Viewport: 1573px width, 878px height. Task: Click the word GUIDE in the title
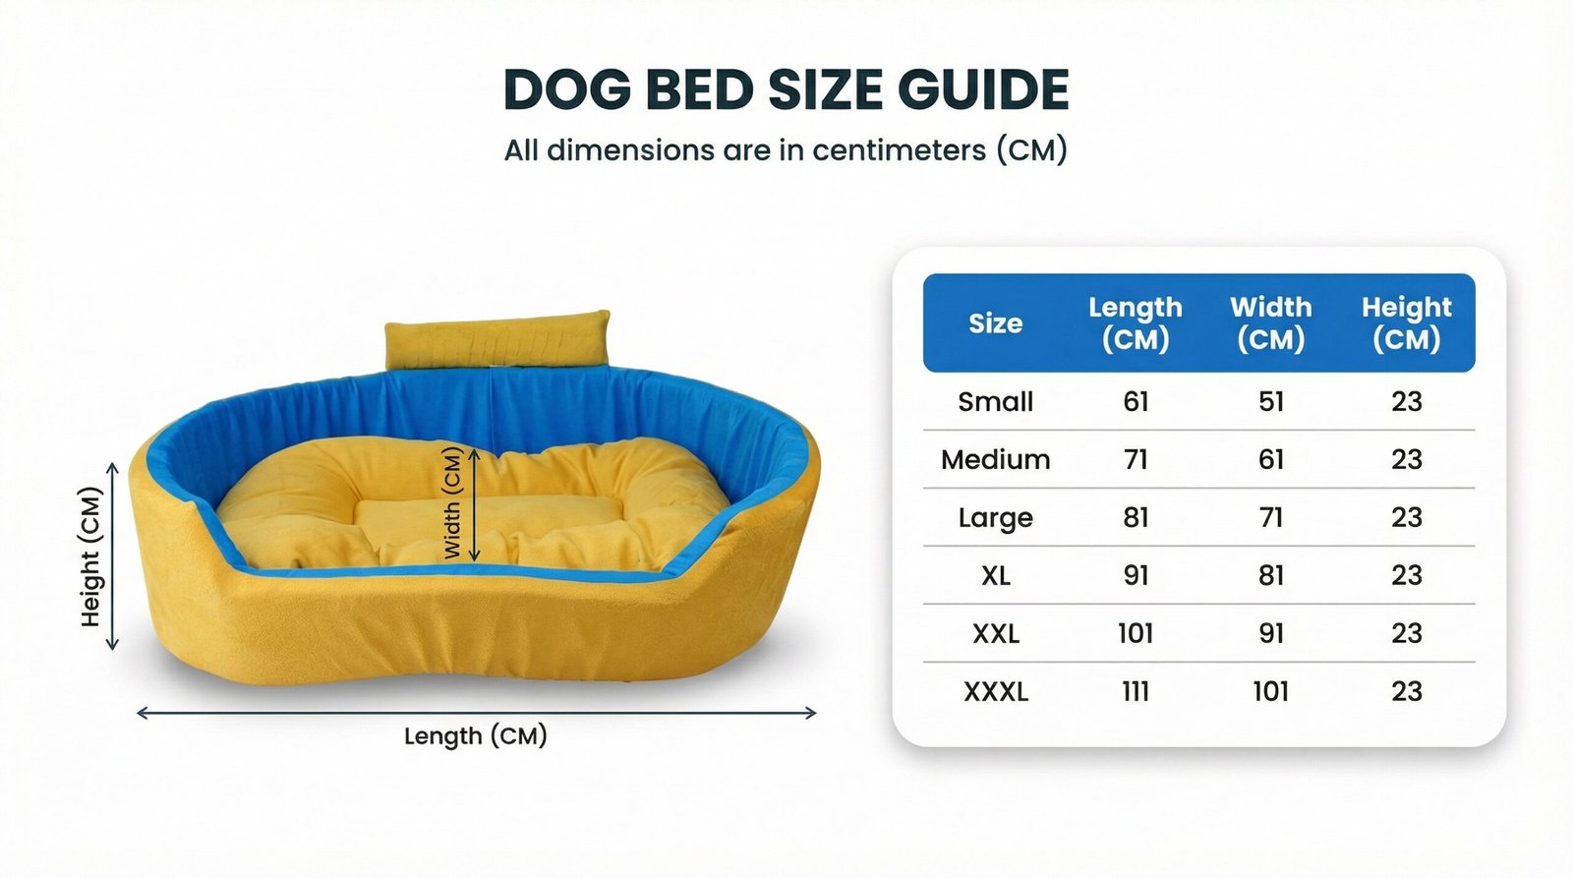(x=983, y=89)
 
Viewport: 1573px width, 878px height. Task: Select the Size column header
(x=995, y=323)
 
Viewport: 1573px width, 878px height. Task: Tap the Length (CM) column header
(x=1136, y=323)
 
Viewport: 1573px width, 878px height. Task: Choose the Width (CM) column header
(x=1271, y=323)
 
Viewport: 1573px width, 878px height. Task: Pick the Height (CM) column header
(x=1407, y=323)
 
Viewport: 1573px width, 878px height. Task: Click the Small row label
(x=995, y=402)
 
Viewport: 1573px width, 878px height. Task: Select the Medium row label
(x=995, y=459)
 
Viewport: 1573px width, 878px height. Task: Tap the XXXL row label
(x=995, y=692)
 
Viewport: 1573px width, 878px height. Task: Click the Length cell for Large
(x=1136, y=518)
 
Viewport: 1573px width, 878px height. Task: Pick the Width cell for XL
(x=1271, y=575)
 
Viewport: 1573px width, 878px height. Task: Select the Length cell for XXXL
(x=1136, y=692)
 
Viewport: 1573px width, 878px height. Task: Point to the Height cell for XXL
(x=1407, y=633)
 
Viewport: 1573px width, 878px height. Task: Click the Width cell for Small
(x=1271, y=402)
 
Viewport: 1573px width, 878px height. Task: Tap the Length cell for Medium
(x=1136, y=459)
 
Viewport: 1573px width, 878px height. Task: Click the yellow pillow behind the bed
(x=497, y=340)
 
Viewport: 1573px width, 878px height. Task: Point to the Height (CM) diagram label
(x=90, y=556)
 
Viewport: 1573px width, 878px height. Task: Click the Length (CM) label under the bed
(x=476, y=736)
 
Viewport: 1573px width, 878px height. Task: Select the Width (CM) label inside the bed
(x=453, y=503)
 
